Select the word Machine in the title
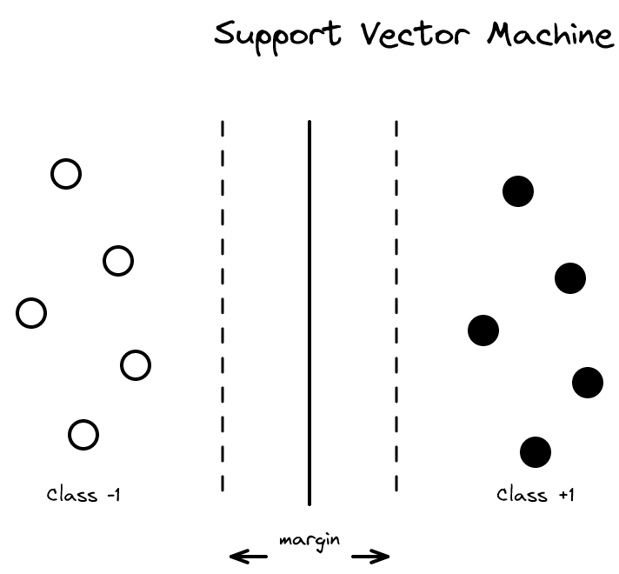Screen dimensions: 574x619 point(549,35)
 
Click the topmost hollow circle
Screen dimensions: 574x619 point(66,174)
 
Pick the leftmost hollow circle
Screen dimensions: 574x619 point(31,313)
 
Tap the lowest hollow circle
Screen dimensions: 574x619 point(83,435)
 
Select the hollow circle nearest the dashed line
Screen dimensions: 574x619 point(136,365)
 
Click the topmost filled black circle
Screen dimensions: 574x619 point(518,191)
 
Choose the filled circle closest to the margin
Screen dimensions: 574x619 point(483,330)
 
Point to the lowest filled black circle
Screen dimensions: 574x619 point(536,452)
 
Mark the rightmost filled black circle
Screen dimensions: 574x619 point(588,383)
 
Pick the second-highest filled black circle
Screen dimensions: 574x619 point(570,278)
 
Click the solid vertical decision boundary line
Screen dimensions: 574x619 point(309,313)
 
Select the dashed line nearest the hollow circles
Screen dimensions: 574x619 point(223,304)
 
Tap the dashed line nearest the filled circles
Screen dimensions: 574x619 point(396,304)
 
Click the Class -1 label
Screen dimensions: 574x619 point(83,496)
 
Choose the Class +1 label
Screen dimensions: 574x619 point(536,496)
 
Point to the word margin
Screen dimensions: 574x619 point(309,540)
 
